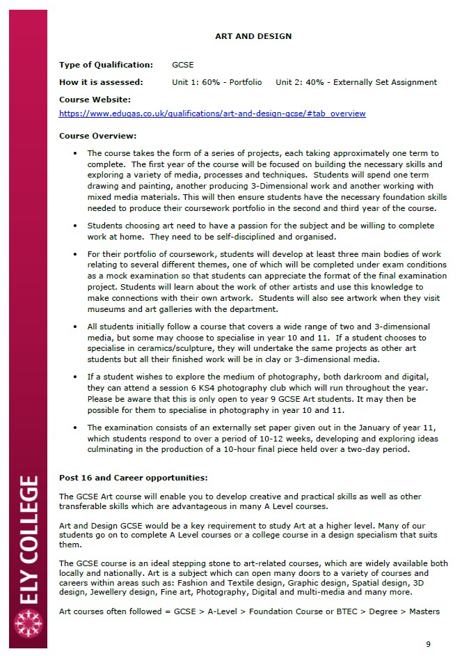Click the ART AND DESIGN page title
253,36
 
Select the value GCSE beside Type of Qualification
182,65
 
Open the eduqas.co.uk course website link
212,114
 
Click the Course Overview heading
97,136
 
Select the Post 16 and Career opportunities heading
134,478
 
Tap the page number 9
428,643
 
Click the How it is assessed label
101,82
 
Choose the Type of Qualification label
106,65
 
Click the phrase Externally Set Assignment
385,82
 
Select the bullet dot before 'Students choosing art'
75,226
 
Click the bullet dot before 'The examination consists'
75,428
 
